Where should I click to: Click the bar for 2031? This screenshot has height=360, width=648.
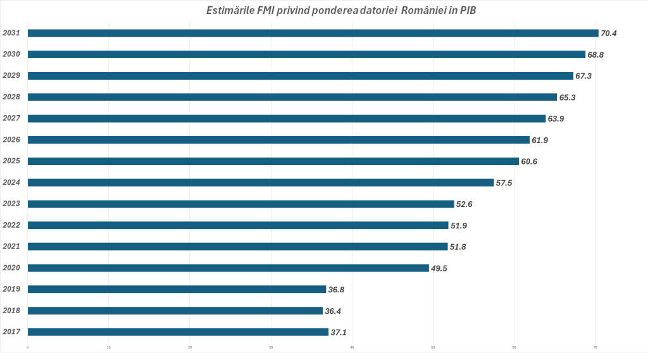pos(313,33)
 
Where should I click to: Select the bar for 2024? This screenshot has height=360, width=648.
pos(261,182)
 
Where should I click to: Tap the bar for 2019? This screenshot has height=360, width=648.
pos(177,289)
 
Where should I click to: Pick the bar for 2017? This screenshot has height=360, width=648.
pos(178,332)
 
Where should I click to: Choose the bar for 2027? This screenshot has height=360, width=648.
pos(287,118)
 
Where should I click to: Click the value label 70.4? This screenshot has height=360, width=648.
pos(609,34)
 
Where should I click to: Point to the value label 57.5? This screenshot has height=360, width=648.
pos(504,183)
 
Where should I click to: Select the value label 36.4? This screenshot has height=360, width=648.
pos(333,311)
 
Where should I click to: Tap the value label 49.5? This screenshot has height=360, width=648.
pos(439,268)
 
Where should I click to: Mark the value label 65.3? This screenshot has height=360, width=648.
pos(567,97)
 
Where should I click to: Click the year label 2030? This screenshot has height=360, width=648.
pos(11,54)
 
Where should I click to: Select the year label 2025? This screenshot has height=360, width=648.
pos(11,161)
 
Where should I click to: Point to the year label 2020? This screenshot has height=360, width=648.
pos(11,268)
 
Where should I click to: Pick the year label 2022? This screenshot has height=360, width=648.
pos(11,225)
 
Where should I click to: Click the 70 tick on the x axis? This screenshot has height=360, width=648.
pos(595,347)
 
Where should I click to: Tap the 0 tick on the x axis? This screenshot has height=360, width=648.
pos(28,347)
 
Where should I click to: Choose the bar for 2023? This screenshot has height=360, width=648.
pos(241,204)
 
